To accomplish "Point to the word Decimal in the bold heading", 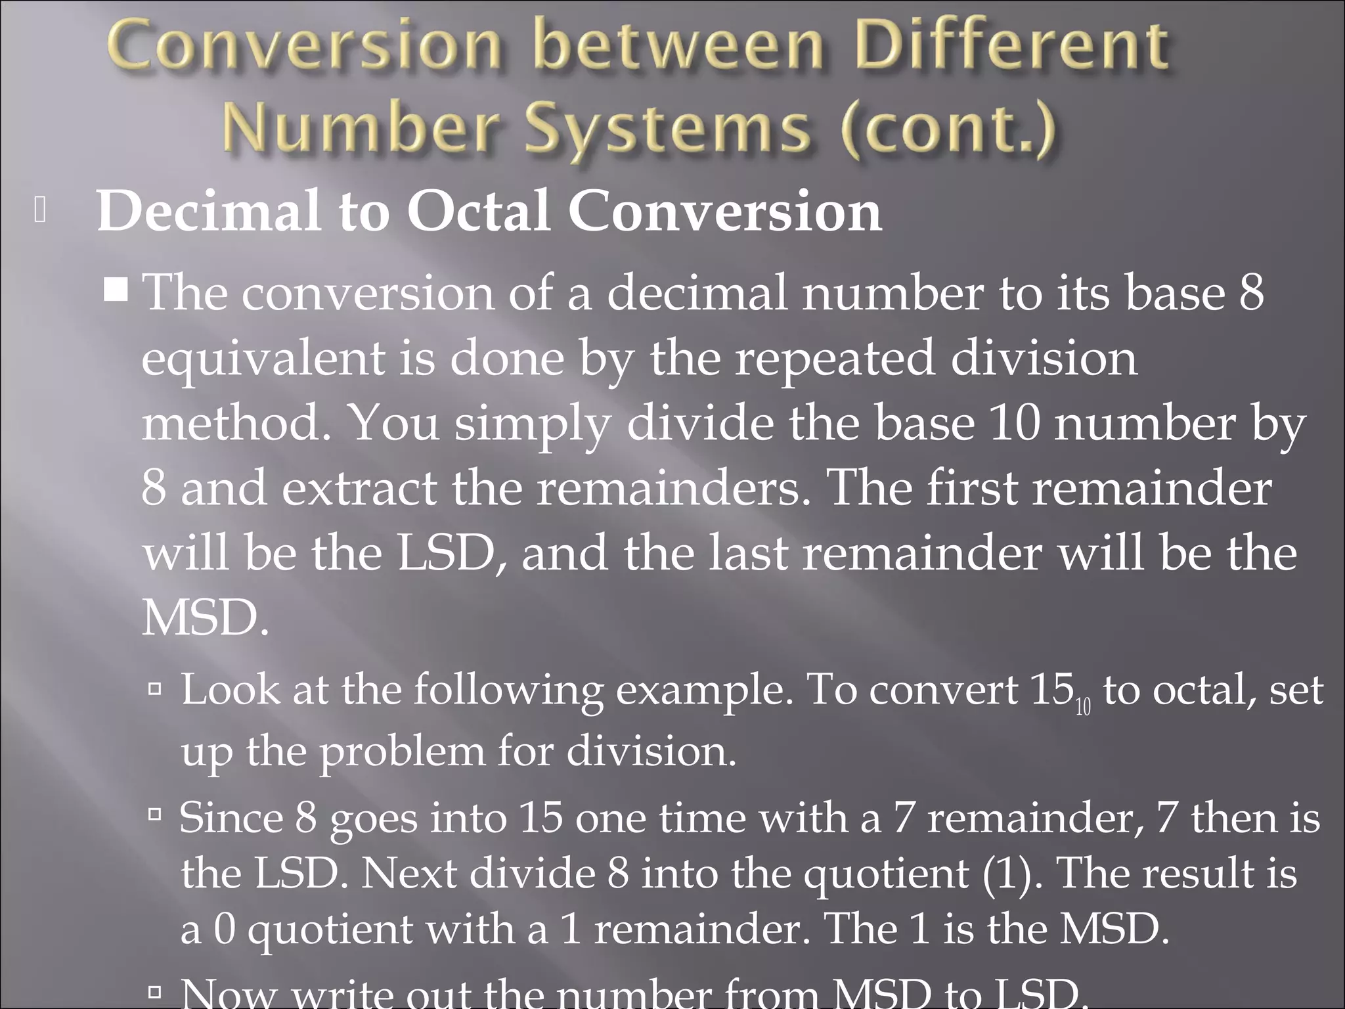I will [209, 212].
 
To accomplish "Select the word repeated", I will [833, 359].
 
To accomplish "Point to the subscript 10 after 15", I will [1083, 708].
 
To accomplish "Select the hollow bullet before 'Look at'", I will [156, 689].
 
